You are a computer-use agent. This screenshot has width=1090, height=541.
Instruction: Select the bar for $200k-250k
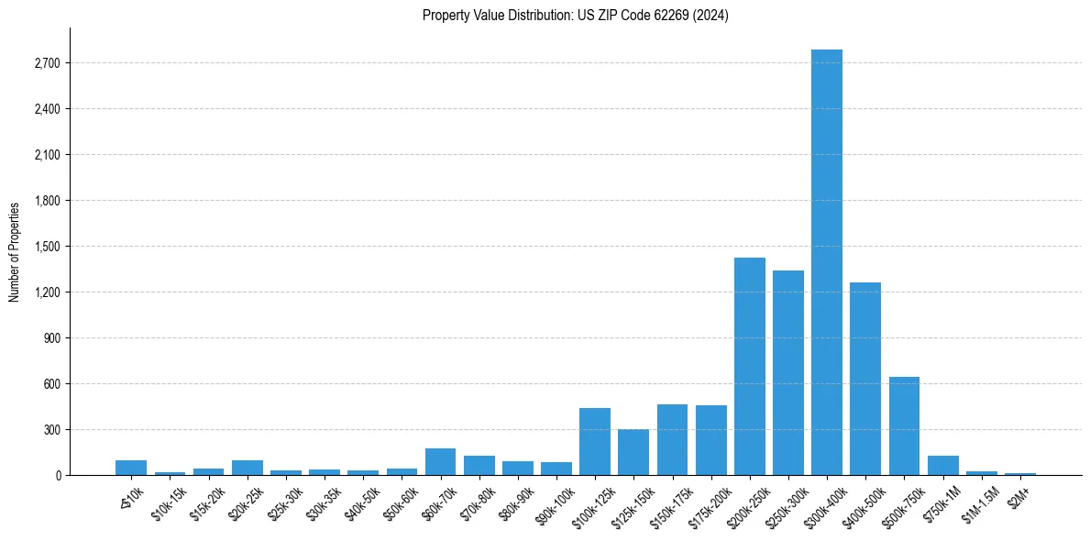pyautogui.click(x=750, y=367)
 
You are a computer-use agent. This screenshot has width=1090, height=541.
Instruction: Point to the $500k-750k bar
pyautogui.click(x=904, y=426)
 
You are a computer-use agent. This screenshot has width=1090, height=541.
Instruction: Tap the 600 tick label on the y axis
pyautogui.click(x=53, y=384)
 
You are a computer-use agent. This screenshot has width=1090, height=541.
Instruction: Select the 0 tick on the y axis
pyautogui.click(x=59, y=476)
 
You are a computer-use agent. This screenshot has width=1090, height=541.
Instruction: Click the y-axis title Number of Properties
pyautogui.click(x=15, y=251)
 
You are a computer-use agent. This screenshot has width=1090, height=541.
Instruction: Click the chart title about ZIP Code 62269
pyautogui.click(x=576, y=16)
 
